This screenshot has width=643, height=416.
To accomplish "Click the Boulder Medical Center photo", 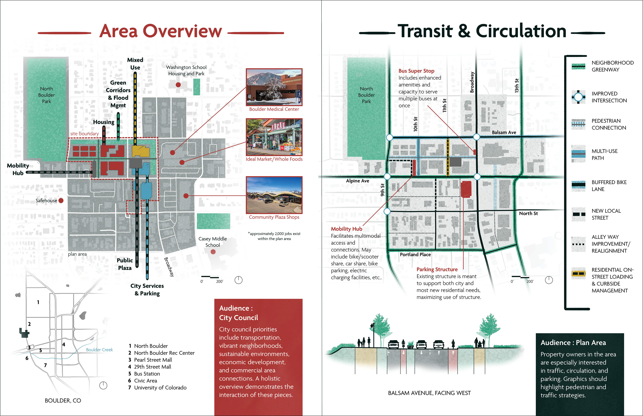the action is click(x=274, y=87).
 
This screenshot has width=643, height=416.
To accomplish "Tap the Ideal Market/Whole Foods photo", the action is click(x=274, y=137).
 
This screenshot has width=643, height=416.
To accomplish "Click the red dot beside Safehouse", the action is click(x=61, y=200).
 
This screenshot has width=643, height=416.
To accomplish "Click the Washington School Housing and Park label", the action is click(x=186, y=70).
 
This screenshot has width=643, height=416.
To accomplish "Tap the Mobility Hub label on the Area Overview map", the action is click(x=18, y=169).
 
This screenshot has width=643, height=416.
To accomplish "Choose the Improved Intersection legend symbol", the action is click(x=578, y=97).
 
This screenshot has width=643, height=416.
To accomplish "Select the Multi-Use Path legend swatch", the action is click(x=578, y=154).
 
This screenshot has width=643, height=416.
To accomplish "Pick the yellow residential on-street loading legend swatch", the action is click(x=578, y=273).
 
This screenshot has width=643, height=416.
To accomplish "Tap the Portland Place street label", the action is click(x=415, y=254).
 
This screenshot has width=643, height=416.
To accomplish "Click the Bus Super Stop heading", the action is click(x=416, y=71).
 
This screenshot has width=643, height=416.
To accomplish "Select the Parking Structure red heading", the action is click(x=437, y=269).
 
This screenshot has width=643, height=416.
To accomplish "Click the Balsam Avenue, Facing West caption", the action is click(x=429, y=393).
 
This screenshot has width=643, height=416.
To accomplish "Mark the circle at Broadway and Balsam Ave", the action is click(x=477, y=137).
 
